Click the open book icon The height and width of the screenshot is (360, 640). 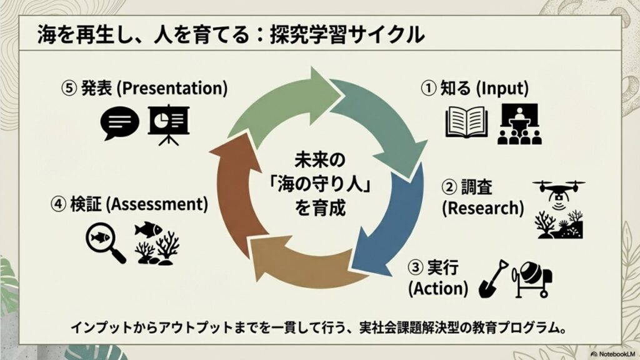(466, 122)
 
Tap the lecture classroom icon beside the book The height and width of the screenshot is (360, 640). (519, 124)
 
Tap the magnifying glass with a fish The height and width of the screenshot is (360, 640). (105, 243)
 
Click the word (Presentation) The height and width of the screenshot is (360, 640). (172, 88)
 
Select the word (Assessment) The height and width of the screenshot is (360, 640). (157, 204)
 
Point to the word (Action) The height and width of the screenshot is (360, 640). (438, 289)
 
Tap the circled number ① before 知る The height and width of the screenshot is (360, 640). (428, 88)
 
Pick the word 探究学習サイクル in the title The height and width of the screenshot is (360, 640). (347, 34)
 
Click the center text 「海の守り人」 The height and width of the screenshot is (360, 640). (320, 184)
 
